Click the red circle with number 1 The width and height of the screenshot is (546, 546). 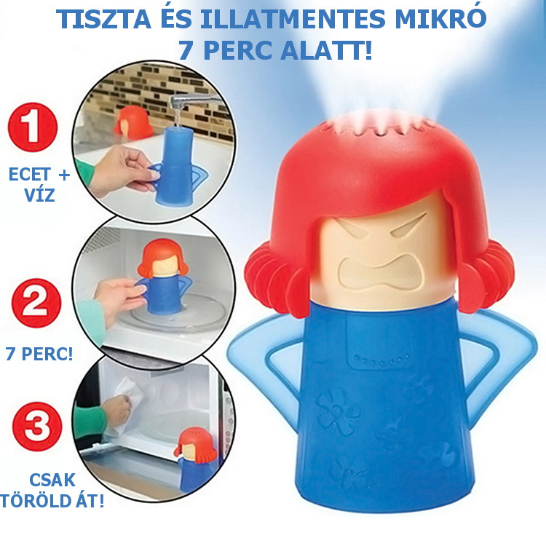point(33,127)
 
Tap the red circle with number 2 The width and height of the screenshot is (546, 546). point(36,303)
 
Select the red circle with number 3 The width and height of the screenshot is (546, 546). point(37,427)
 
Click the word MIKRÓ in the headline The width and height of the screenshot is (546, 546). point(440,19)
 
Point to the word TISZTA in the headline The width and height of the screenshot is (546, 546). point(103,20)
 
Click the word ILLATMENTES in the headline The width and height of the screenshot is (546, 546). point(293,20)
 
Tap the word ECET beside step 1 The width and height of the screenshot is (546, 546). point(30,174)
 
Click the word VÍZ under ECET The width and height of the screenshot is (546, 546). point(39,194)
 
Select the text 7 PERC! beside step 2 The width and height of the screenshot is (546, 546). point(39,354)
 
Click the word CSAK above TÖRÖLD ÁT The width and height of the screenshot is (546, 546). point(52,480)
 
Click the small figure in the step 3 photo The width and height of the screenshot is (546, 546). point(196,459)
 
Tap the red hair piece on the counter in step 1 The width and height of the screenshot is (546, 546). point(133,122)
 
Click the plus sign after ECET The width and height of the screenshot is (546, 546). point(64,175)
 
